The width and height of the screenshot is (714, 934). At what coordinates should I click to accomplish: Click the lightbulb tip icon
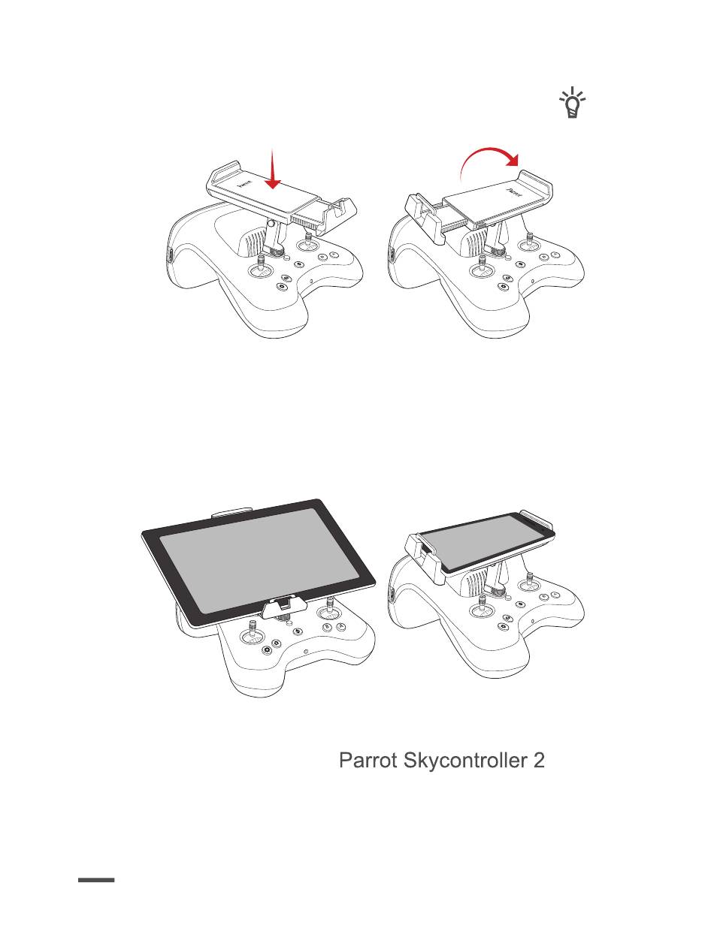point(572,103)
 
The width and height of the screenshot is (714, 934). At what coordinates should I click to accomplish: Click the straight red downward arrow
point(273,168)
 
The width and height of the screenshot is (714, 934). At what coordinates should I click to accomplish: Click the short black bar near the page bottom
point(96,879)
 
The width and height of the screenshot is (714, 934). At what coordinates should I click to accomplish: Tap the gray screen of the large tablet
point(260,560)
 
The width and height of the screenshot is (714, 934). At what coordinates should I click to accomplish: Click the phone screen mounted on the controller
point(483,541)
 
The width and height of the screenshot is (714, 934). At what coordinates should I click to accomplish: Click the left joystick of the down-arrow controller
point(260,267)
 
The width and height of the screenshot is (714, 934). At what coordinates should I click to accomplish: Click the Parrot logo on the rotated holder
point(515,193)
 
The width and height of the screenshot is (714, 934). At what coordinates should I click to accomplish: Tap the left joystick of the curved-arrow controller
point(482,267)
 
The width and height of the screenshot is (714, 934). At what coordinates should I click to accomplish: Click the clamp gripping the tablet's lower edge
point(285,606)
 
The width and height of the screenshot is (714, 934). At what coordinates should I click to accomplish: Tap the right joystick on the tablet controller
point(328,610)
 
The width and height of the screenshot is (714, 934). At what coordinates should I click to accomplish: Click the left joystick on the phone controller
point(482,607)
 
